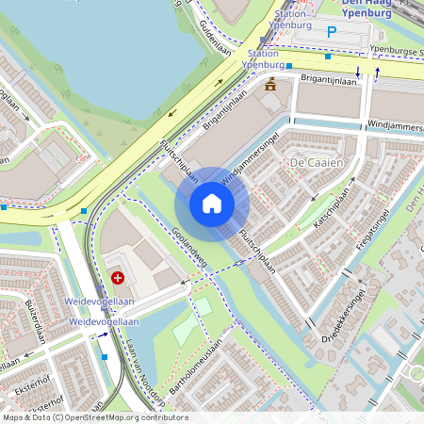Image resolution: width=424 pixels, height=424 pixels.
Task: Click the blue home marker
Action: pyautogui.click(x=212, y=204)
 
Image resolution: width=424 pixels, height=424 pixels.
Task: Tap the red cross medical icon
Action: pyautogui.click(x=118, y=277)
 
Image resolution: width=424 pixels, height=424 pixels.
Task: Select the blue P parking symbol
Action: pyautogui.click(x=331, y=32)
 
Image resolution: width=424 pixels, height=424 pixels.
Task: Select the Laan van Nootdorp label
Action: pyautogui.click(x=146, y=373)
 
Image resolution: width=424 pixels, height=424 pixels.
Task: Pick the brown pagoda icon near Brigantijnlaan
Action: pyautogui.click(x=271, y=84)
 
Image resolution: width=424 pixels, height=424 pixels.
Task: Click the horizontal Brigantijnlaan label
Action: pyautogui.click(x=329, y=82)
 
